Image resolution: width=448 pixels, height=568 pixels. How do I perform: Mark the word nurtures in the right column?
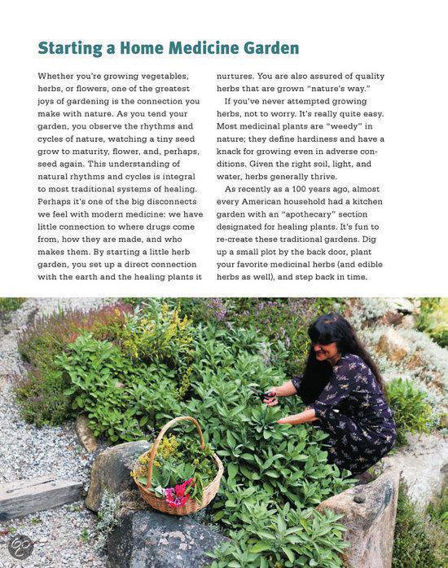point(238,77)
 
